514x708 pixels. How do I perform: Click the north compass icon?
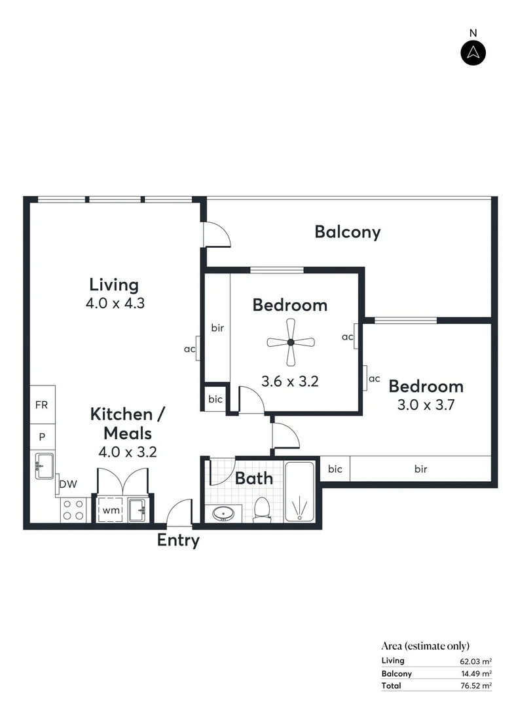pyautogui.click(x=473, y=52)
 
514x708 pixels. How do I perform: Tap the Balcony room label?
pyautogui.click(x=347, y=232)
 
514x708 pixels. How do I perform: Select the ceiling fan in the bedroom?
pyautogui.click(x=291, y=342)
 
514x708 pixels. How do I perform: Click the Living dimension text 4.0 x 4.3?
pyautogui.click(x=115, y=304)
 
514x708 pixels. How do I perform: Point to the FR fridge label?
pyautogui.click(x=41, y=406)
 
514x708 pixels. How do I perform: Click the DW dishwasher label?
pyautogui.click(x=68, y=484)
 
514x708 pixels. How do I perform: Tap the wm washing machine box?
pyautogui.click(x=109, y=510)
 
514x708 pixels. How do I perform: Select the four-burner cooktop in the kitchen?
pyautogui.click(x=73, y=510)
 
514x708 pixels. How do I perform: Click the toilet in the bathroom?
pyautogui.click(x=263, y=509)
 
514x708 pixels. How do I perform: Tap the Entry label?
pyautogui.click(x=178, y=541)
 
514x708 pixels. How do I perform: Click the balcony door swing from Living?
pyautogui.click(x=217, y=234)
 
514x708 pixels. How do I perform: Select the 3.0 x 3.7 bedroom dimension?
pyautogui.click(x=426, y=404)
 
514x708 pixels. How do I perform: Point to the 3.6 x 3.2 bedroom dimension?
pyautogui.click(x=289, y=381)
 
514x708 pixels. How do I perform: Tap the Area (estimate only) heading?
pyautogui.click(x=425, y=646)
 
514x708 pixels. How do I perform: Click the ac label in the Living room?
pyautogui.click(x=189, y=349)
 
